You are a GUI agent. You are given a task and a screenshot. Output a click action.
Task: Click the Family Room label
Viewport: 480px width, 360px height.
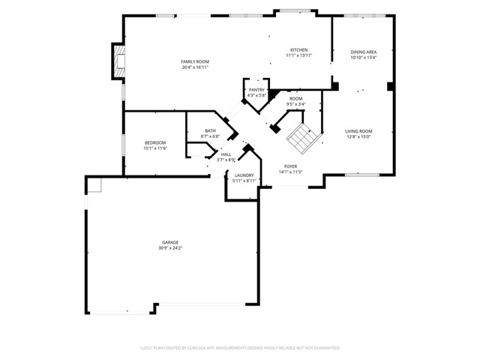coord(194,61)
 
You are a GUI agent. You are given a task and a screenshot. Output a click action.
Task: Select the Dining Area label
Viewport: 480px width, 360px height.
coord(363,52)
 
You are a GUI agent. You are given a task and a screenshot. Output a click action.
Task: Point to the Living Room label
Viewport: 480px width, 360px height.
coord(359,131)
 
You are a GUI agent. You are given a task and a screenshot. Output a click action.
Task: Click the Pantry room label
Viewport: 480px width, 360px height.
coord(256,90)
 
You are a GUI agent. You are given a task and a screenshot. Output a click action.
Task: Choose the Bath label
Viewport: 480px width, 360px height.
coord(211,131)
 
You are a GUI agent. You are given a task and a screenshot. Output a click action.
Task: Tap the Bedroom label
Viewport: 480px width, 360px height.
coord(155,142)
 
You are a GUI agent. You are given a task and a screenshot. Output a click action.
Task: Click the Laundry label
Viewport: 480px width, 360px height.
coord(244,175)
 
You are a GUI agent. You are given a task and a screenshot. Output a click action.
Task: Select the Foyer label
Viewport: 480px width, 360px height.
coord(291,166)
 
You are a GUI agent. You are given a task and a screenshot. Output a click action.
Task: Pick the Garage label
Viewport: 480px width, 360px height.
coord(170,242)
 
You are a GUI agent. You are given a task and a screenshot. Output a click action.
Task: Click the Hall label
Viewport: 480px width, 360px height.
coord(226,154)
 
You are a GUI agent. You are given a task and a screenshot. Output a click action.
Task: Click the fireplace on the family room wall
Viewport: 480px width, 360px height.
coord(116,61)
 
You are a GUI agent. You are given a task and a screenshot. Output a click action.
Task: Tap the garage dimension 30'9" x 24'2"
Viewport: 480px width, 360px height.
coord(170,247)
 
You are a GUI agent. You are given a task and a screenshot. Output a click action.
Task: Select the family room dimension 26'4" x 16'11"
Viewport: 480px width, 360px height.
coord(194,67)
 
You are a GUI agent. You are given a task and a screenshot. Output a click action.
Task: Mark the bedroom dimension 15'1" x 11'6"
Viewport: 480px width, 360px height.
coord(155,148)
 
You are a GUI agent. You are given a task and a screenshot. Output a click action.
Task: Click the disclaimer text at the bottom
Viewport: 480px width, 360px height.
coord(240,348)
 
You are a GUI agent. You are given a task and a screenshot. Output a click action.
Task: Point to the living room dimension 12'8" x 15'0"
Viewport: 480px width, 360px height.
coord(359,136)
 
